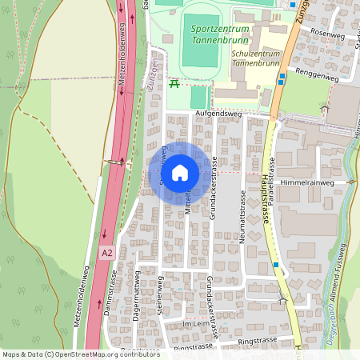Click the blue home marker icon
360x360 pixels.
click(180, 173)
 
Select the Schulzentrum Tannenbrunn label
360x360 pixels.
click(257, 59)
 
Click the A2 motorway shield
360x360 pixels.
click(107, 252)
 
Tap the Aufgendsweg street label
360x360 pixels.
click(218, 114)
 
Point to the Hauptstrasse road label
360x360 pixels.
click(265, 200)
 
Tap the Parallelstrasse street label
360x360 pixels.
click(274, 184)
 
